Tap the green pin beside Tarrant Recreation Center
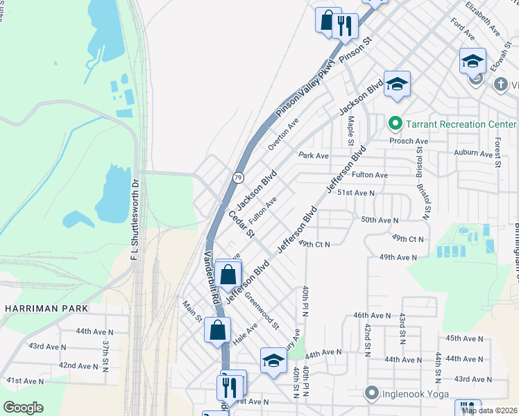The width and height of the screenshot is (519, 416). point(395,124)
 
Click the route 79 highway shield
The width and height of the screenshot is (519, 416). point(237,177)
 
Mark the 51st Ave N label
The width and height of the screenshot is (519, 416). point(356,192)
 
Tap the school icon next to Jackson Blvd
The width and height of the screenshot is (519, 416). point(397,84)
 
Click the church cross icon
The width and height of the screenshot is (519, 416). point(500,85)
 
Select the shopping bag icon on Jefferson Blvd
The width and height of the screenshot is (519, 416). point(228,275)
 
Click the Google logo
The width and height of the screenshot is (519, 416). point(23,408)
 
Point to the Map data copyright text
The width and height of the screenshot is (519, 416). point(490,410)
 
